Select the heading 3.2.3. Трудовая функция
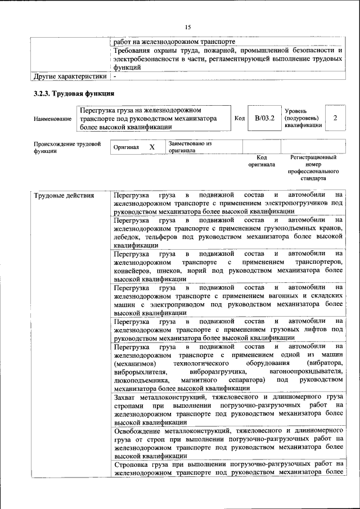[x=74, y=93]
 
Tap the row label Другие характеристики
[x=69, y=76]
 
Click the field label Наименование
[x=52, y=119]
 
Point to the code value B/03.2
[x=264, y=118]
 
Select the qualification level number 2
[x=335, y=118]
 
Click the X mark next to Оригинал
[x=152, y=147]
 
